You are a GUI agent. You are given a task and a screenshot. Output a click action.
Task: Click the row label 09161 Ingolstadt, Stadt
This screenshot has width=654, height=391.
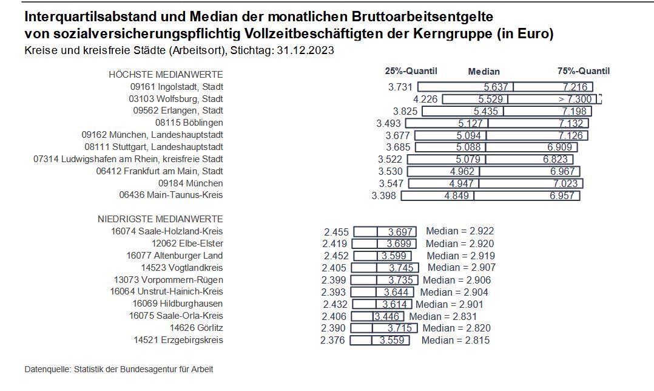point(182,87)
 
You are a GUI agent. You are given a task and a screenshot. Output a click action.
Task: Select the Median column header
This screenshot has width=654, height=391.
point(484,72)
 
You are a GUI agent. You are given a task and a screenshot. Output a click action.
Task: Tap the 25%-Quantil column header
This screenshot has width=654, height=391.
point(411,71)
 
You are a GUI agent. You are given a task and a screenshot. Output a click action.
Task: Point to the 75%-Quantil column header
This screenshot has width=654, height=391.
point(583,71)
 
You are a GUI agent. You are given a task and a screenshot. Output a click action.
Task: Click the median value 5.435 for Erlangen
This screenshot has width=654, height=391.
point(485,111)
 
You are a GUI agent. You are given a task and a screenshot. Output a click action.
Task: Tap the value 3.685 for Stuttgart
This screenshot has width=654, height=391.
point(398,147)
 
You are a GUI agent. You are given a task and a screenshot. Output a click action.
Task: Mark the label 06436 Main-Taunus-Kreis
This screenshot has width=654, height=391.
point(172,195)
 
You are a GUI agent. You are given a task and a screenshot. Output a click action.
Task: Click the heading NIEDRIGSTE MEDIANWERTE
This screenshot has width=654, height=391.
point(160,219)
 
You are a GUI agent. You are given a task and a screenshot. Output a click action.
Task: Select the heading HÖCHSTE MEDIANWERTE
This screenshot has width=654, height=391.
point(166,75)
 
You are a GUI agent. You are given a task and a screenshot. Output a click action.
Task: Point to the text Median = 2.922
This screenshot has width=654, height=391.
point(460,231)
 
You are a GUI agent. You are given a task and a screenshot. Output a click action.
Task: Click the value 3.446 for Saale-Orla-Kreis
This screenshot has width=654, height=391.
point(387,316)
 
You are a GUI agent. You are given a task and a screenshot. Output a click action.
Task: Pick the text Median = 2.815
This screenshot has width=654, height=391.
point(456,340)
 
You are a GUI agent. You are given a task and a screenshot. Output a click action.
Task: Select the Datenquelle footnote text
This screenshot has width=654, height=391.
point(119,369)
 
